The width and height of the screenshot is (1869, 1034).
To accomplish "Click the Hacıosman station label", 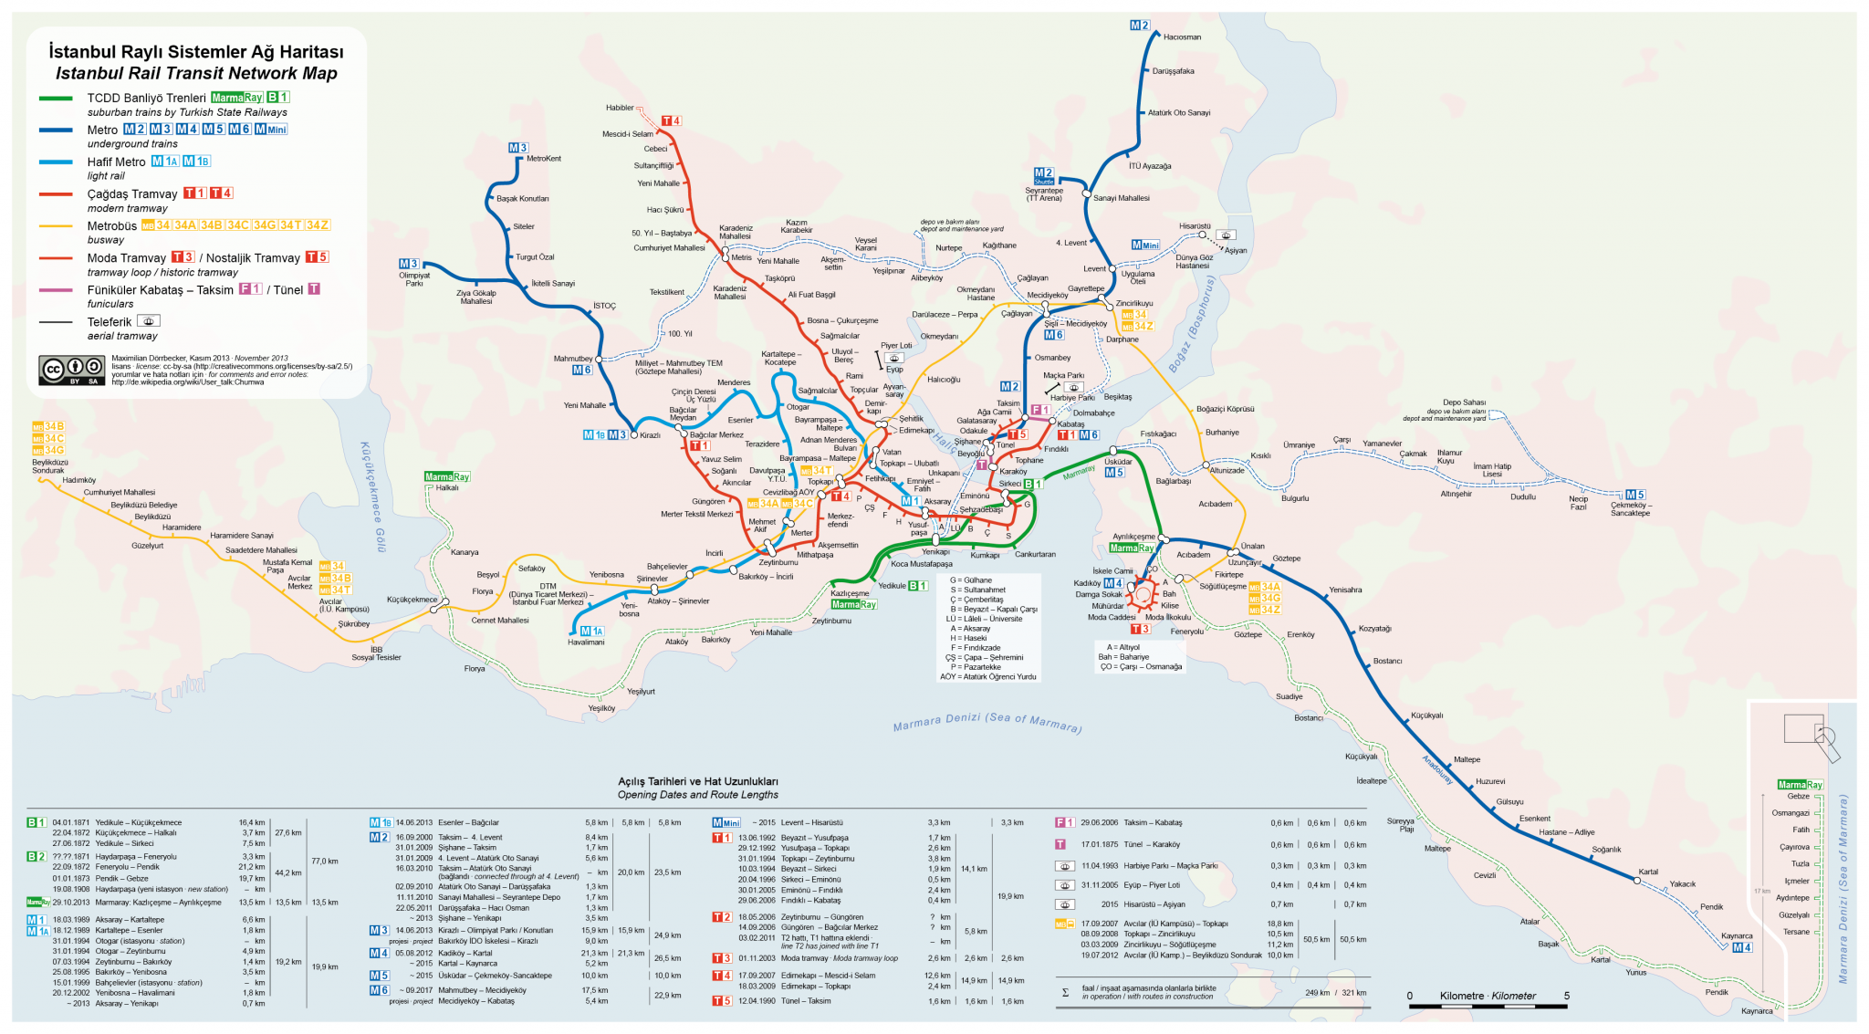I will click(1182, 37).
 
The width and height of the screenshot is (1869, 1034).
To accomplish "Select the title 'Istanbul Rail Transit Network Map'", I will click(196, 73).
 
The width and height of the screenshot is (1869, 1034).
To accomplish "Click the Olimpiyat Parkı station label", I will click(414, 279).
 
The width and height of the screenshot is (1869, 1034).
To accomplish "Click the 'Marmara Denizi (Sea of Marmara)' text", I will click(987, 722).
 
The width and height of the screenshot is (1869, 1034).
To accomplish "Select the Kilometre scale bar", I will click(1488, 1006).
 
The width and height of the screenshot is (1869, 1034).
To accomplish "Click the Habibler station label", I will click(620, 108).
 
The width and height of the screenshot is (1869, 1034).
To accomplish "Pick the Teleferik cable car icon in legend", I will click(149, 321).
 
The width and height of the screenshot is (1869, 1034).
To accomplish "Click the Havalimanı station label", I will click(586, 642).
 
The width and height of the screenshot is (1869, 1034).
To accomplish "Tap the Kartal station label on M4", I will click(1648, 872).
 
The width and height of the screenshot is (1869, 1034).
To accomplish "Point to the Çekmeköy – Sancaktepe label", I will click(1631, 509).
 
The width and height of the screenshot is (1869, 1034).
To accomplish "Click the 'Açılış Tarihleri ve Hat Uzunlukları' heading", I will click(698, 781).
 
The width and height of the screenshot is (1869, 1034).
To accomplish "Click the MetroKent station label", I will click(544, 159).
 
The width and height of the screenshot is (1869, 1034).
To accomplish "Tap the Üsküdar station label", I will click(1118, 462).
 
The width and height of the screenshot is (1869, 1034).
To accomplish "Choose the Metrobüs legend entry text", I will click(111, 225).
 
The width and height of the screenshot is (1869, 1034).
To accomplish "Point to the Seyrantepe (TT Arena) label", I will click(1044, 194).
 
